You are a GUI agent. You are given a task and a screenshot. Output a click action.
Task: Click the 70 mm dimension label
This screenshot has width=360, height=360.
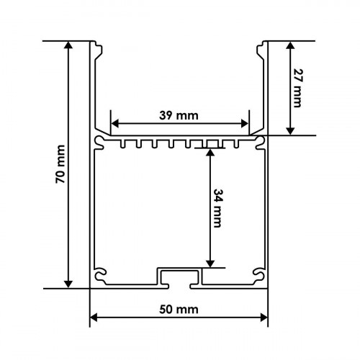point(60,164)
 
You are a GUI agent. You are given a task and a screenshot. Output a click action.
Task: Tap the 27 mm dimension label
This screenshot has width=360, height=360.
point(298,88)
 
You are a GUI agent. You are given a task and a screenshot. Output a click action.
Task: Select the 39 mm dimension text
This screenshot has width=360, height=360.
point(179,116)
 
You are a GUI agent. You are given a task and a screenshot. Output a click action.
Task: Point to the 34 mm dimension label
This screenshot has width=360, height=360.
point(217,208)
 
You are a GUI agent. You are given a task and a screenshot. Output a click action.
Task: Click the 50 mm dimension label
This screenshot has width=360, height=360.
point(179,310)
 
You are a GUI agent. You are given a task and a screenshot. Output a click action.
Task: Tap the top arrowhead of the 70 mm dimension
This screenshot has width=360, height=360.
point(68,45)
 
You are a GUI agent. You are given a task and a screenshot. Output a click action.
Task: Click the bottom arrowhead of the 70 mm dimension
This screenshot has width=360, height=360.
point(68,284)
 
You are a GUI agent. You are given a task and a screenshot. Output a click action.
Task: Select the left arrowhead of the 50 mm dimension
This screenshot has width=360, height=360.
point(94,318)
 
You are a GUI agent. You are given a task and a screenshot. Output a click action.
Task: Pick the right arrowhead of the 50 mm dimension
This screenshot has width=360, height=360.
point(264,318)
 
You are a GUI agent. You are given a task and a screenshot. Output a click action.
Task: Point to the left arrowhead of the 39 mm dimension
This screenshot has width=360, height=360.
point(115,124)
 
